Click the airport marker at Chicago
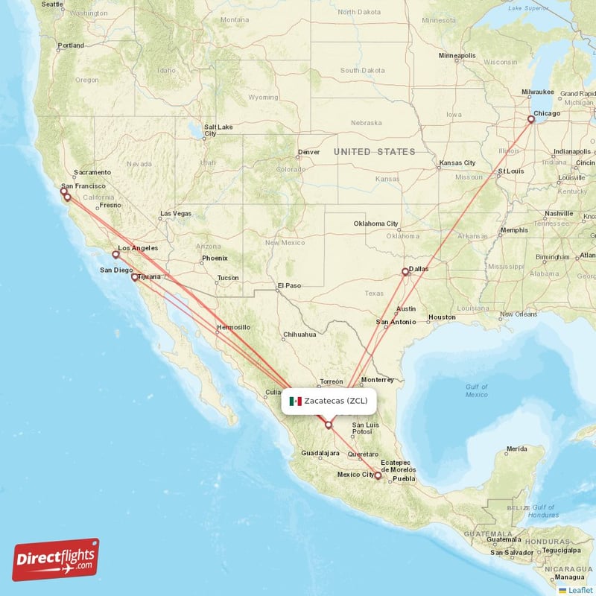coord(531,119)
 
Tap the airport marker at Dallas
coord(405,272)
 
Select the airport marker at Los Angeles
coord(115,255)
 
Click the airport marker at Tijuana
coord(135,277)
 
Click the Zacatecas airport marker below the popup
coord(328,425)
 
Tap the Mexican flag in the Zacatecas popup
coord(295,401)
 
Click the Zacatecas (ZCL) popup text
coord(336,401)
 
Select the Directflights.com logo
coord(56,559)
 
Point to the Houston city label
coord(441,317)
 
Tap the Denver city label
coord(308,152)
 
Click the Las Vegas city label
coord(176,214)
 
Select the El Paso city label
coord(289,285)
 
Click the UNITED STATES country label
coord(374,152)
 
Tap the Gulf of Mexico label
coord(476,390)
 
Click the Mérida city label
coord(516,449)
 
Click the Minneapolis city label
coord(457,56)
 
